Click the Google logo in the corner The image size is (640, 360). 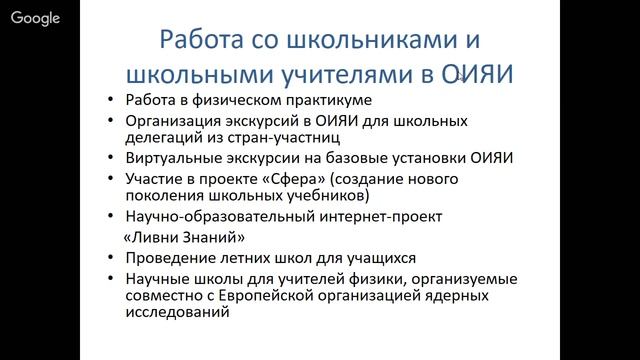pyautogui.click(x=35, y=18)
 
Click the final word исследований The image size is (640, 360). pyautogui.click(x=173, y=312)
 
